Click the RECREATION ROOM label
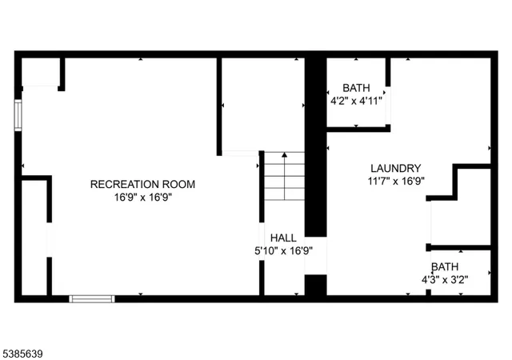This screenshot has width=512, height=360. [142, 184]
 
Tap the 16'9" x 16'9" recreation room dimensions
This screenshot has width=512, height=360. [142, 197]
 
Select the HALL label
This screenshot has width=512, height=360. [283, 238]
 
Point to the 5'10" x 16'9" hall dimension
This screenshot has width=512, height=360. [283, 250]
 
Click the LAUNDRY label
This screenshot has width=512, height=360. [395, 168]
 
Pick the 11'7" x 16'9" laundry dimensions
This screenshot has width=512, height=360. [395, 181]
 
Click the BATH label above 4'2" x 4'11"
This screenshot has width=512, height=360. [357, 88]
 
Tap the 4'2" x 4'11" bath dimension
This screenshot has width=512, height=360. [357, 101]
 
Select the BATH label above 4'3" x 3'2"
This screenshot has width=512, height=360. [446, 266]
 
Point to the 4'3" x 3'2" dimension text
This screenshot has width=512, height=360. [445, 279]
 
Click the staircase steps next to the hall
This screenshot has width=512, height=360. [284, 178]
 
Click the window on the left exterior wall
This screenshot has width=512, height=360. [18, 114]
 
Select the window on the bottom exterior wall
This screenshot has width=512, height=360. [92, 299]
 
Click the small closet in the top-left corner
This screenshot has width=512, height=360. [40, 72]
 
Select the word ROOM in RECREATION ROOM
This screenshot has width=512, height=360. [176, 184]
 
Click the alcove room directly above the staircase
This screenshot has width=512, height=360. [262, 104]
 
